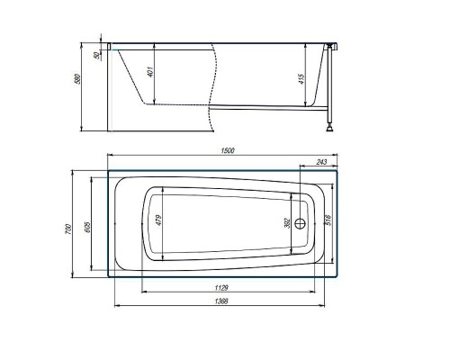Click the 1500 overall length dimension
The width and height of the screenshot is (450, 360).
coord(228,150)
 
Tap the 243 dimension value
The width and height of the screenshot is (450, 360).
coord(321,162)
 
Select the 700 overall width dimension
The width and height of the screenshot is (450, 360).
coord(68,229)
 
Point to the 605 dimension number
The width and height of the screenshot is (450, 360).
coord(87,227)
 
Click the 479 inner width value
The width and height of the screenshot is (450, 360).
coord(159,220)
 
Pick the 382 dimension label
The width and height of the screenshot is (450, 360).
coord(287,223)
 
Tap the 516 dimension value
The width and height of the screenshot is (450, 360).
coord(328,220)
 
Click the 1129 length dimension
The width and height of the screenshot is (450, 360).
coord(221,288)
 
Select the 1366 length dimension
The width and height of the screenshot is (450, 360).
coord(221,301)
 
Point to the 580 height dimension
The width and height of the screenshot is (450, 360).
coord(77,79)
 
